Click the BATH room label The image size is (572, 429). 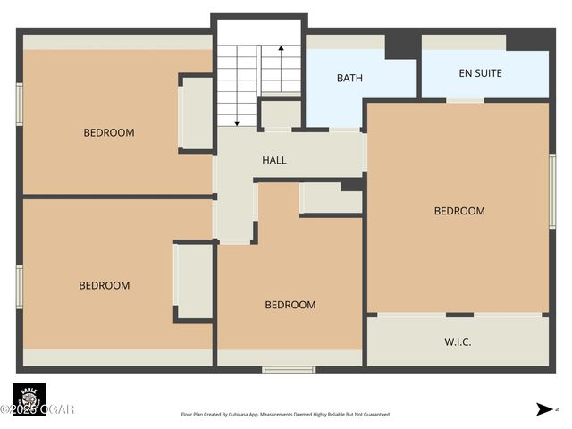tap(349, 78)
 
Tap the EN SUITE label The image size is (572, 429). tap(480, 74)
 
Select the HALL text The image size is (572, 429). tap(274, 160)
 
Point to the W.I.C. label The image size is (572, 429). tap(458, 342)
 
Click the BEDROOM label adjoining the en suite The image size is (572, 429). tap(459, 211)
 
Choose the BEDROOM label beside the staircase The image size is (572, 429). tap(109, 132)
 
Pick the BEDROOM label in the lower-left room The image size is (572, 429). tap(105, 285)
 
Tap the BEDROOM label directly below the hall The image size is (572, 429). tap(290, 305)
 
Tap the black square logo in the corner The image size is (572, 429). tap(29, 399)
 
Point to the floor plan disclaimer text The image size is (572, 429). tap(286, 415)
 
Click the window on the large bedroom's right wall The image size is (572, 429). tap(552, 184)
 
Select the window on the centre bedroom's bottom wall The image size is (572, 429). tap(289, 369)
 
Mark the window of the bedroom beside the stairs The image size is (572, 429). tap(19, 103)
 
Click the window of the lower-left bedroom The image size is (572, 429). tap(19, 286)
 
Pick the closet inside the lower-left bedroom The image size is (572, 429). tap(195, 281)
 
